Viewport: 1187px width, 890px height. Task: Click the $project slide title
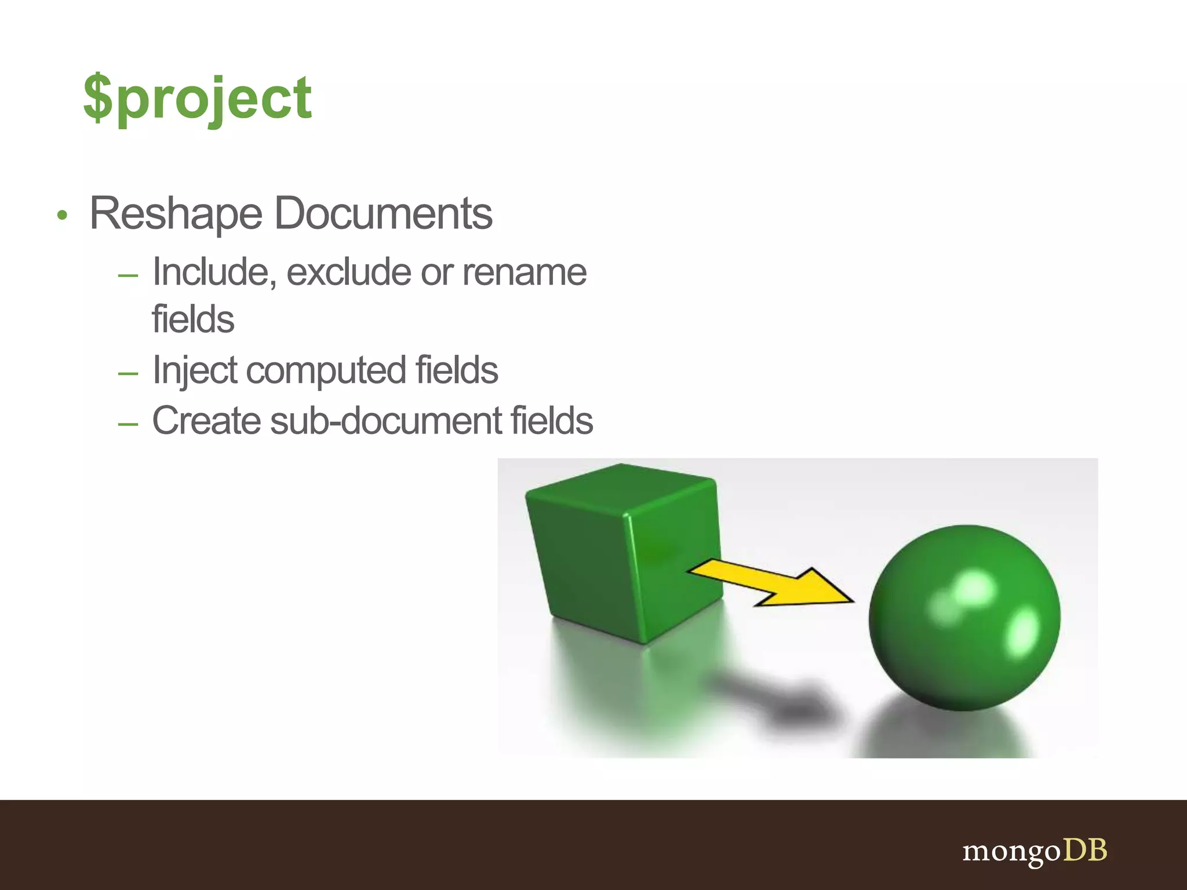point(197,99)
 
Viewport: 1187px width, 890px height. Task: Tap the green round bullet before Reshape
point(63,216)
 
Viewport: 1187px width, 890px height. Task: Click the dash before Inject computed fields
point(128,374)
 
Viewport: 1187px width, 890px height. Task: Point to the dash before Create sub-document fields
point(128,424)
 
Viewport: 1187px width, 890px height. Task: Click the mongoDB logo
point(1035,851)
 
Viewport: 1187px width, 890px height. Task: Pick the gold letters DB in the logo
point(1085,850)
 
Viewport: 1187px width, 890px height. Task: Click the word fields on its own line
point(193,320)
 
